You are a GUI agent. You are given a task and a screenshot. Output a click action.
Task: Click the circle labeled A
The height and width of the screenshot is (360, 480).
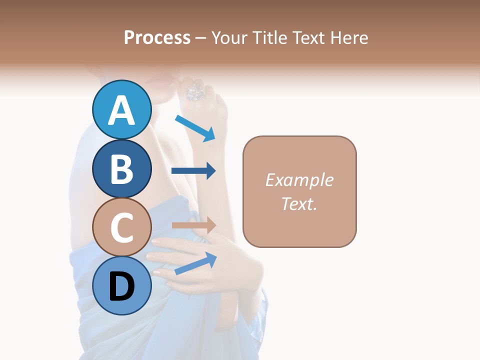tap(121, 109)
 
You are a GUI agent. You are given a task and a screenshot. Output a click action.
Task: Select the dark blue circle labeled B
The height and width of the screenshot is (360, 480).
tap(121, 168)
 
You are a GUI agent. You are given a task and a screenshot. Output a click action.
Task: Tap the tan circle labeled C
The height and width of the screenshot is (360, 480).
tap(121, 227)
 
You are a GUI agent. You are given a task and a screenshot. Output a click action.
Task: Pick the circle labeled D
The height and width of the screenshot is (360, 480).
tap(121, 285)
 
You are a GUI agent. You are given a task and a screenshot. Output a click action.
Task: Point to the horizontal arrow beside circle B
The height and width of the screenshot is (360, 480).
tap(193, 171)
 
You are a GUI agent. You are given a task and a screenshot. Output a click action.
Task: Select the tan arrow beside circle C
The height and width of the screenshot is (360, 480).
tap(193, 225)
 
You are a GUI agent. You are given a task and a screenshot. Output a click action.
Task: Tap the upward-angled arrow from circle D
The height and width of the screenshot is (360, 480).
tap(195, 263)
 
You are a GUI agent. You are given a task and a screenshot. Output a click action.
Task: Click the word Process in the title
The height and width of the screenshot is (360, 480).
tap(157, 37)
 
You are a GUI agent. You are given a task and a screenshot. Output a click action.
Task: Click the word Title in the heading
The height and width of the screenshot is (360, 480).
tap(270, 37)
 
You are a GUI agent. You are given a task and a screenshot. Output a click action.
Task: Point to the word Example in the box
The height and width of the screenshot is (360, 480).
tap(299, 180)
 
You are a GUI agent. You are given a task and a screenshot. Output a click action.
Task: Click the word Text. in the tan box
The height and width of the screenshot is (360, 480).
tap(299, 203)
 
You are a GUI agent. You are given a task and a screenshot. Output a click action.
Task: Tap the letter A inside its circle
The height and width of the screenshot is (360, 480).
tap(121, 110)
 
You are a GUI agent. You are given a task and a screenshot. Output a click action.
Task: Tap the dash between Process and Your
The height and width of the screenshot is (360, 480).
tap(201, 38)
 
